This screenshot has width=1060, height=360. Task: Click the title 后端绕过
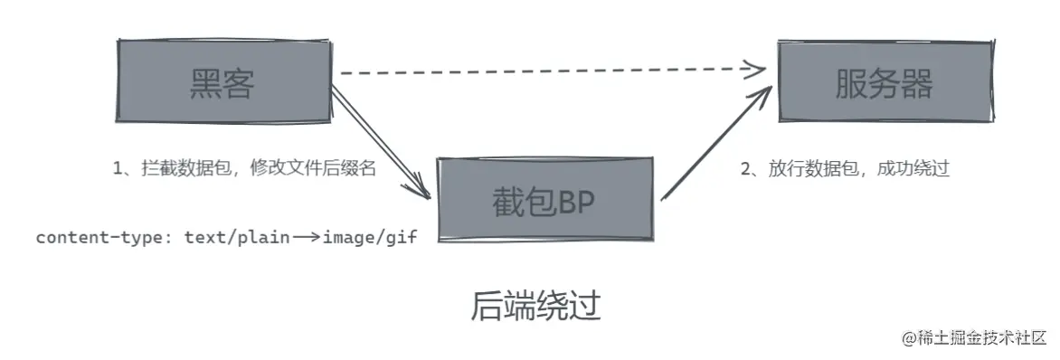(x=535, y=306)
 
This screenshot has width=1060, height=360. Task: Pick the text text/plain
(x=237, y=238)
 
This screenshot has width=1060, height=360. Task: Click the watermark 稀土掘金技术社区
(x=982, y=337)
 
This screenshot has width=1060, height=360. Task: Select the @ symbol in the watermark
(x=909, y=338)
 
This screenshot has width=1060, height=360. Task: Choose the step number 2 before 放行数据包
(x=746, y=168)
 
